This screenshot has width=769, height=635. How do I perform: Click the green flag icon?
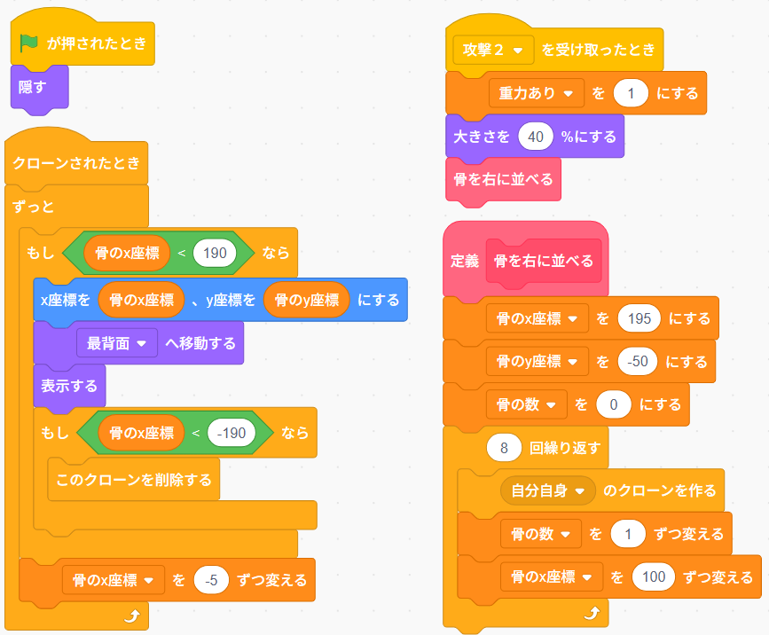pos(29,43)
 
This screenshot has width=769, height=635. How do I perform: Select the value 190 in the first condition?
pos(215,253)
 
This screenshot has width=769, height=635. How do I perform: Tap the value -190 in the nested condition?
pos(231,433)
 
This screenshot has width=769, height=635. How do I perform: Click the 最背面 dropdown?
pos(117,343)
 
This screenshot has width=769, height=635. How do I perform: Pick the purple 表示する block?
pos(69,387)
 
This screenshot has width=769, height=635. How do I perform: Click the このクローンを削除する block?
pos(133,480)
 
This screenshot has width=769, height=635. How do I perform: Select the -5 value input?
pos(211,581)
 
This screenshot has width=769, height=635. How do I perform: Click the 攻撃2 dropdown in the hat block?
pos(493,50)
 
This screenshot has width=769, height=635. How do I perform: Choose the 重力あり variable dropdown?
pos(536,93)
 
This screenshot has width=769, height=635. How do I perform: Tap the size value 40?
pos(536,137)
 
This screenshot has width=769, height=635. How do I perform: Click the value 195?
pos(639,318)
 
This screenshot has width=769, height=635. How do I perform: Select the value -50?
pos(638,362)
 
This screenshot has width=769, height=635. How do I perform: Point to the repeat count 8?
pos(504,448)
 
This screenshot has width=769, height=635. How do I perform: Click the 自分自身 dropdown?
pos(548,490)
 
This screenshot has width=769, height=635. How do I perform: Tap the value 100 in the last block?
pos(654,577)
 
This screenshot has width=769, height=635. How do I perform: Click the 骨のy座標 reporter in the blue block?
pos(307,300)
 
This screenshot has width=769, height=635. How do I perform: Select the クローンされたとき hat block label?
pos(76,163)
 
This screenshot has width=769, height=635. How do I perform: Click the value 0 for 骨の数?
pos(614,405)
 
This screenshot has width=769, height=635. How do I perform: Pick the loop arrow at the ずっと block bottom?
pos(132,615)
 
